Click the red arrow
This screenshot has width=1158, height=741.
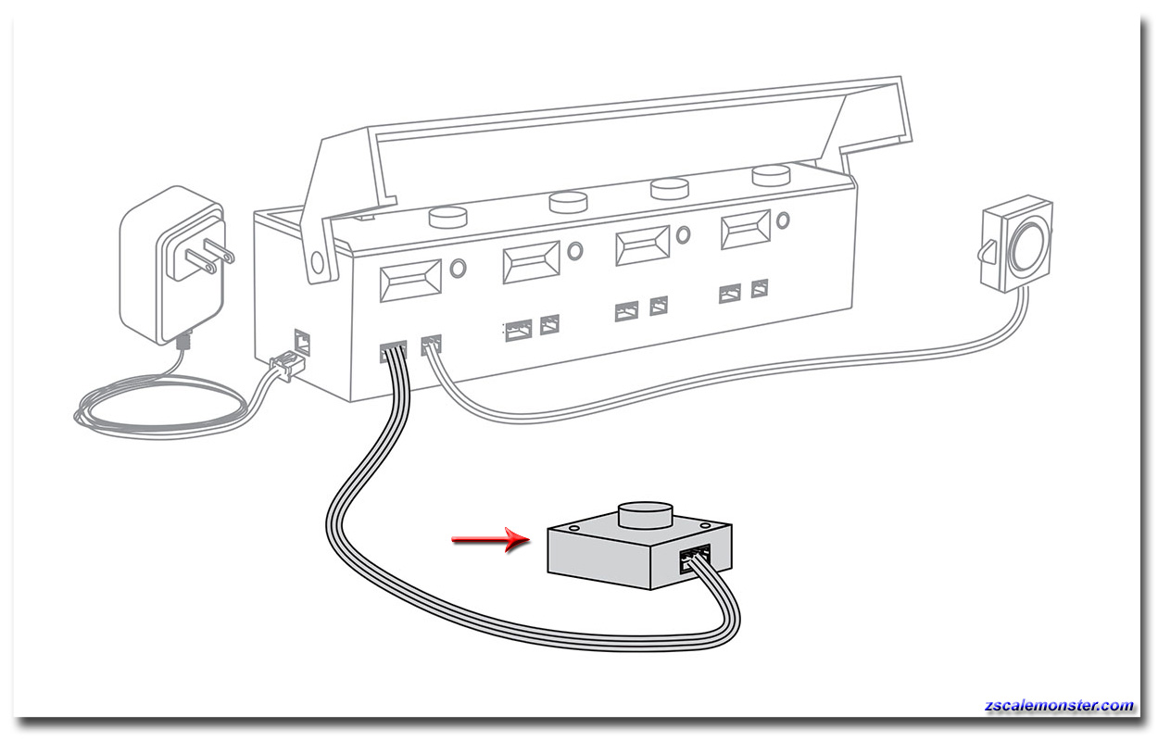coord(490,539)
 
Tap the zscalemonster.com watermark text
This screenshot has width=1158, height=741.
coord(1059,706)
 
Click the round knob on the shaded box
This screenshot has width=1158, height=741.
coord(647,515)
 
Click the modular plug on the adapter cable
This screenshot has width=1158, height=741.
coord(285,365)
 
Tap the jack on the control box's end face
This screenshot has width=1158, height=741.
coord(302,342)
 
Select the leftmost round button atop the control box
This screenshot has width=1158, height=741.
coord(448,217)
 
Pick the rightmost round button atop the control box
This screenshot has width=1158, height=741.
coord(771,176)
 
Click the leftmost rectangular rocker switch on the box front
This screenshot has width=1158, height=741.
coord(410,281)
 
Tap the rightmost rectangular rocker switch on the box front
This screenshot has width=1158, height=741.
coord(746,230)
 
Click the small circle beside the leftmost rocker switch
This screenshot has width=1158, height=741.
coord(458,269)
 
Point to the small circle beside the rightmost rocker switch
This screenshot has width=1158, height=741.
coord(783,220)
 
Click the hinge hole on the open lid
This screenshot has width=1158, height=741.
coord(317,263)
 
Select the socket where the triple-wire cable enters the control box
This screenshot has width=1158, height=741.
coord(393,351)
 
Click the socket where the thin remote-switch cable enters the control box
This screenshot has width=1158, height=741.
coord(431,345)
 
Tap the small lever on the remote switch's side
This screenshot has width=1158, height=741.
coord(987,252)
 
